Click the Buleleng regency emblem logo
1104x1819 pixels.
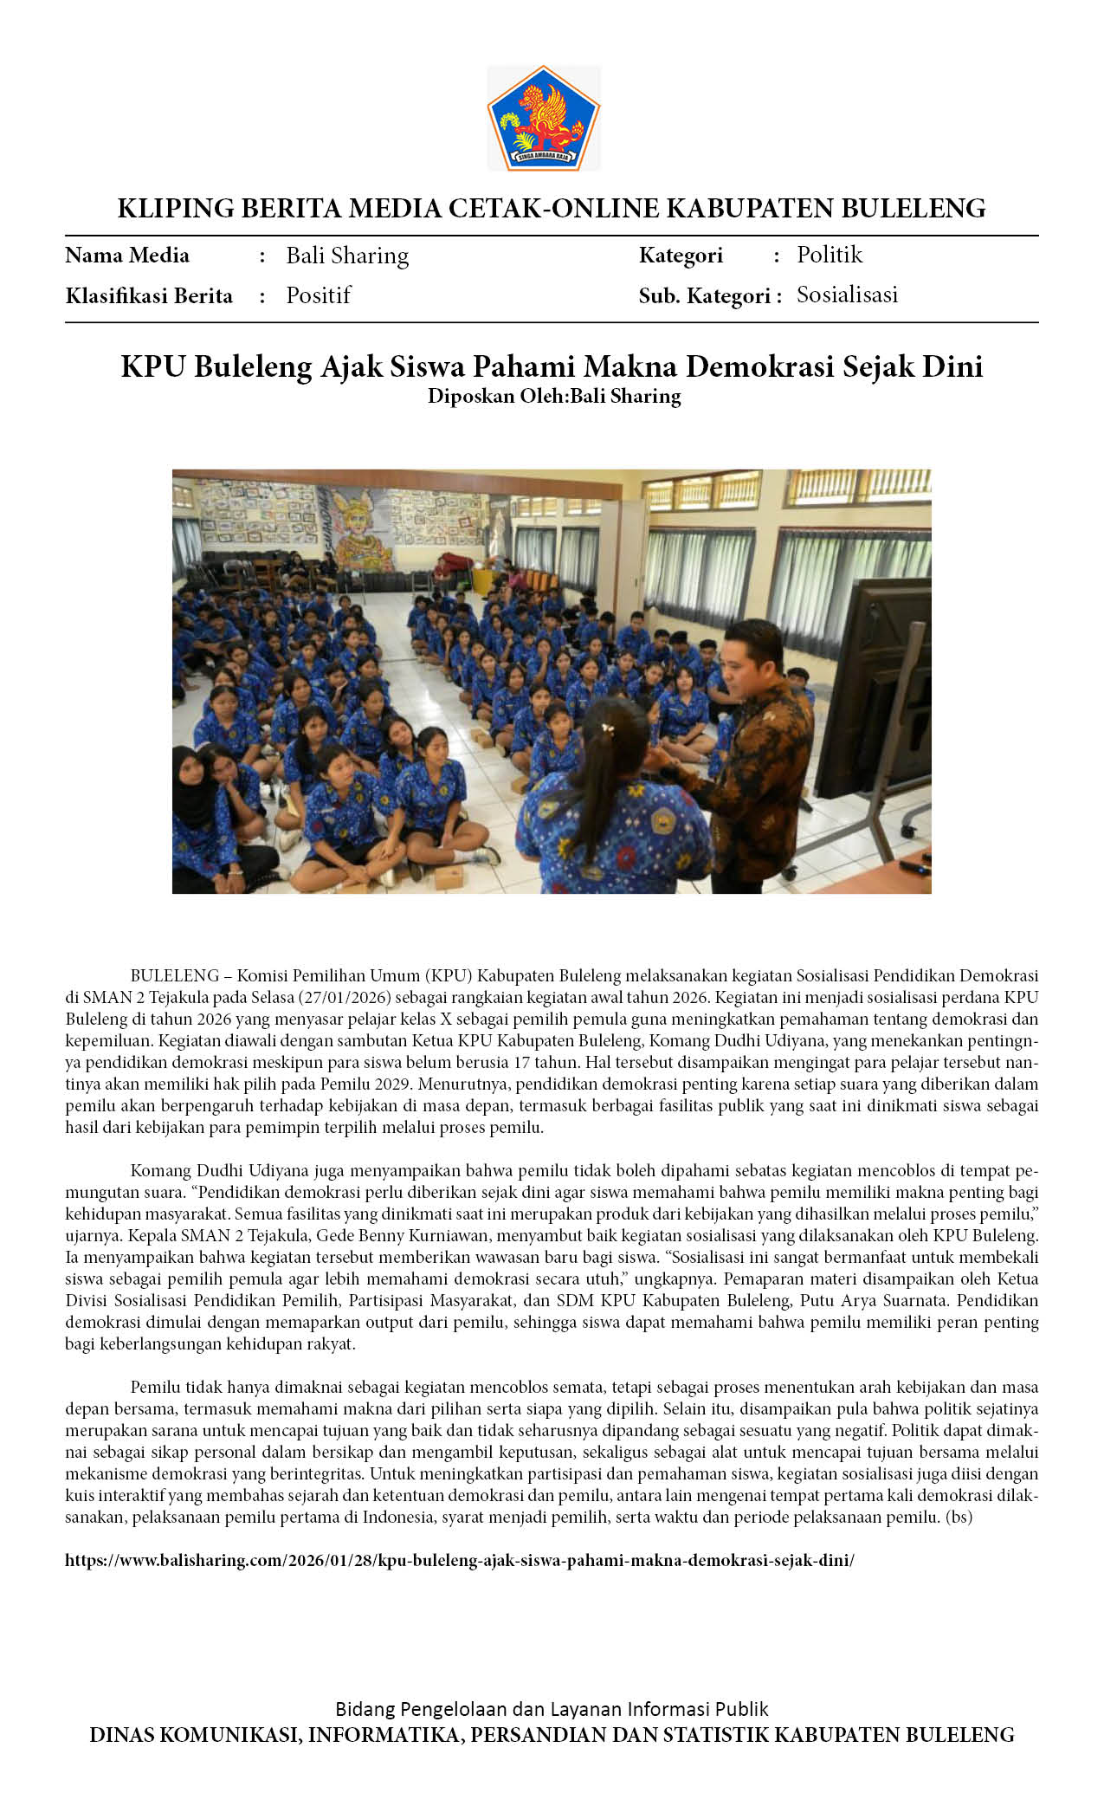click(x=544, y=118)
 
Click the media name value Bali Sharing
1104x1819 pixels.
click(x=347, y=256)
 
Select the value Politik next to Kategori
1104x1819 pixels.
click(x=830, y=255)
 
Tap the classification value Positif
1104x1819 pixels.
click(x=319, y=295)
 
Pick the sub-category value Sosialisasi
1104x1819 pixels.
click(x=847, y=295)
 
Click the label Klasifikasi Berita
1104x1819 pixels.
click(x=149, y=296)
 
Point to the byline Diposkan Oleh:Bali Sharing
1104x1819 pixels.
click(x=554, y=396)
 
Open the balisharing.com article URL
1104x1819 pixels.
click(x=459, y=1560)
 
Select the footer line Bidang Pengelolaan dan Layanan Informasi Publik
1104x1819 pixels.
click(x=552, y=1709)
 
